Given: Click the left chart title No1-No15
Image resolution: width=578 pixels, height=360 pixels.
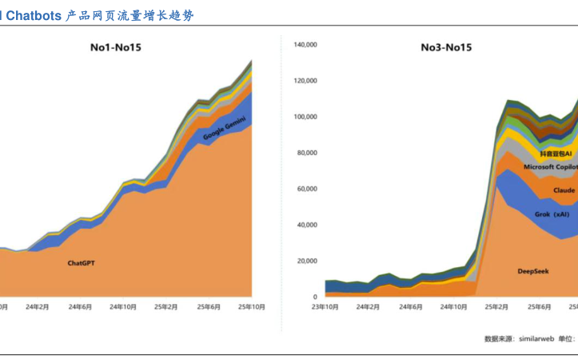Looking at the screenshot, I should pyautogui.click(x=115, y=47).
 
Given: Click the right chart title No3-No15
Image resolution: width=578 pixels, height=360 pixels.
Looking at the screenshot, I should pyautogui.click(x=446, y=47).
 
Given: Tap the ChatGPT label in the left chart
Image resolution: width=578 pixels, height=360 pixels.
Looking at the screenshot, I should pyautogui.click(x=82, y=262).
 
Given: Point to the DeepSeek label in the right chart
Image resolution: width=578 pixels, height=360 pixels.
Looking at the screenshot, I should pyautogui.click(x=532, y=271).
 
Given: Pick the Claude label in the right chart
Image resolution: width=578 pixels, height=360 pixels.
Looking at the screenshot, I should pyautogui.click(x=564, y=190).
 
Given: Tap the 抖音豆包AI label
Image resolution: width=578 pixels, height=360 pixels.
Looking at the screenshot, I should pyautogui.click(x=556, y=152).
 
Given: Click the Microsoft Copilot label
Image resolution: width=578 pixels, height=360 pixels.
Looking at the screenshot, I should pyautogui.click(x=550, y=166).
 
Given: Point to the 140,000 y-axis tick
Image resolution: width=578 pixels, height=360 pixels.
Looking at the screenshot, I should pyautogui.click(x=306, y=45).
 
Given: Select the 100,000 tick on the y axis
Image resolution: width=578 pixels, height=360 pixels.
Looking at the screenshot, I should pyautogui.click(x=306, y=117).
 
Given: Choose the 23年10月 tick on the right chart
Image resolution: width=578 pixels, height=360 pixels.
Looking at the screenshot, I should pyautogui.click(x=324, y=306).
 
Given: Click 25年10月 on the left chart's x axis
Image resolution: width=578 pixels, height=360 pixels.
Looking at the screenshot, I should pyautogui.click(x=253, y=306).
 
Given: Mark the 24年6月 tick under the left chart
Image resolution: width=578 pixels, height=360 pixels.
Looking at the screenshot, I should pyautogui.click(x=80, y=306).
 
